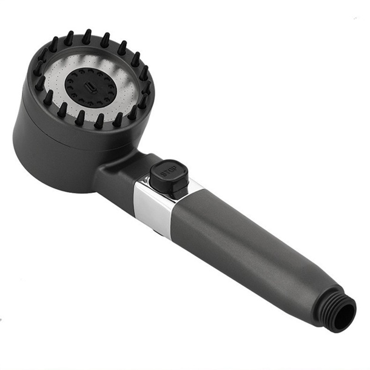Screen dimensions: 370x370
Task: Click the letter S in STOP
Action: pos(163,175)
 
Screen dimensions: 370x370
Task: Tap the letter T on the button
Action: pos(166,172)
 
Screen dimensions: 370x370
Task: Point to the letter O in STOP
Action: pos(170,170)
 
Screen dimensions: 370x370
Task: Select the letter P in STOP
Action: pos(174,168)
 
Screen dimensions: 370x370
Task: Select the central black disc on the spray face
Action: pos(91,88)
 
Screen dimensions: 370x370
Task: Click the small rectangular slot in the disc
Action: pos(91,87)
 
